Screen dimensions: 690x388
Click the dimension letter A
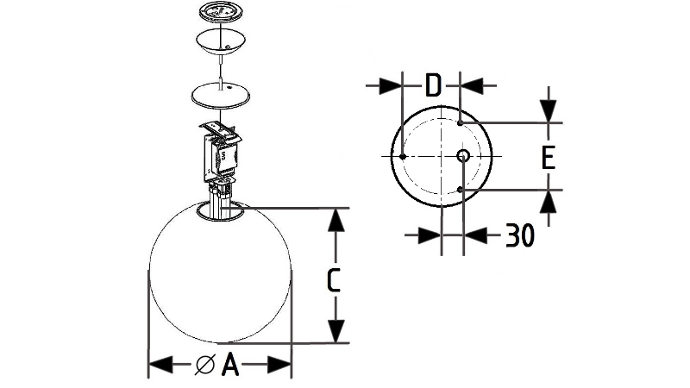point(230,364)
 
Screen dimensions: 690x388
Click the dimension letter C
point(334,279)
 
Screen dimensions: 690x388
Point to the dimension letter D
point(433,85)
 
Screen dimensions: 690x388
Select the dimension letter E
point(548,158)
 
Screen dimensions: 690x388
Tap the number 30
point(520,235)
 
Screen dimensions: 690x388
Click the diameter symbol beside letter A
point(205,365)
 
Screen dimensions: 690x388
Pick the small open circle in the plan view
point(463,156)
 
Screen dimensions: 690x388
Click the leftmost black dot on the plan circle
point(402,156)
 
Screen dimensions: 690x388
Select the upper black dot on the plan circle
point(460,122)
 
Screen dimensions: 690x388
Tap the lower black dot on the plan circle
point(460,190)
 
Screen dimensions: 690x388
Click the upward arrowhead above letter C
point(336,220)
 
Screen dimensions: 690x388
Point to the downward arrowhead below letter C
point(336,331)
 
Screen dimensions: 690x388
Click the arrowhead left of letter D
point(391,85)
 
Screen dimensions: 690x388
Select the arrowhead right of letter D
point(472,85)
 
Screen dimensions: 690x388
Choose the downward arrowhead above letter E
point(549,111)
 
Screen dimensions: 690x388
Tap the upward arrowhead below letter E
point(549,202)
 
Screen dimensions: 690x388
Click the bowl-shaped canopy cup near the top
point(221,41)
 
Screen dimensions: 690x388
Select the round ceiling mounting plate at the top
point(219,12)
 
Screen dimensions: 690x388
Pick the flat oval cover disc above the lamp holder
point(221,95)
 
